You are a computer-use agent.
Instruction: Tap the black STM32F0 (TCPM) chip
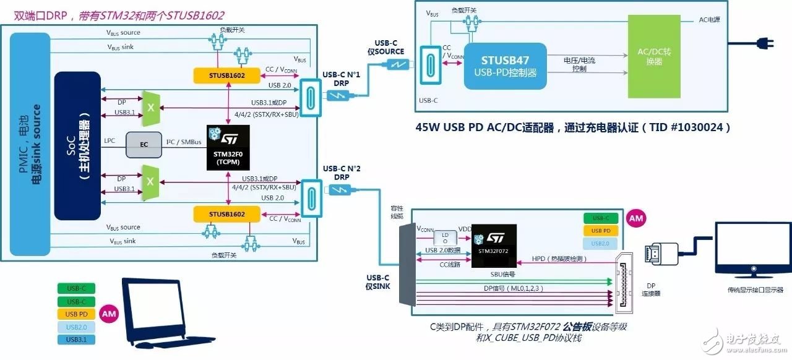tap(228, 147)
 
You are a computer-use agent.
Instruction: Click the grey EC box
tap(144, 144)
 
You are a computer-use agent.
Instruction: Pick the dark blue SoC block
tap(77, 146)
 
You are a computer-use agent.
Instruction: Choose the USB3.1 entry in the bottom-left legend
tap(76, 339)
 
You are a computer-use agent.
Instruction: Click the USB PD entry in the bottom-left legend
tap(76, 314)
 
